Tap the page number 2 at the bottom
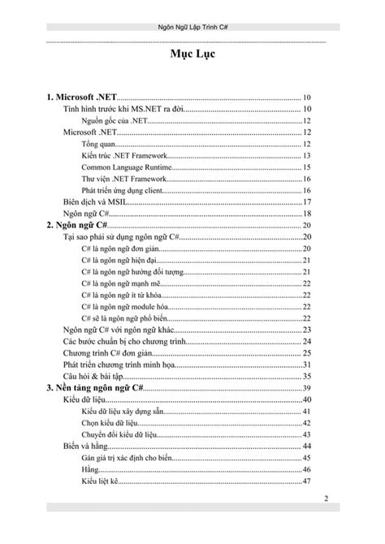click(326, 497)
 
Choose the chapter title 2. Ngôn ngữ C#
click(78, 224)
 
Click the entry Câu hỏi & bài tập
click(93, 377)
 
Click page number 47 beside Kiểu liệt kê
click(307, 482)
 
